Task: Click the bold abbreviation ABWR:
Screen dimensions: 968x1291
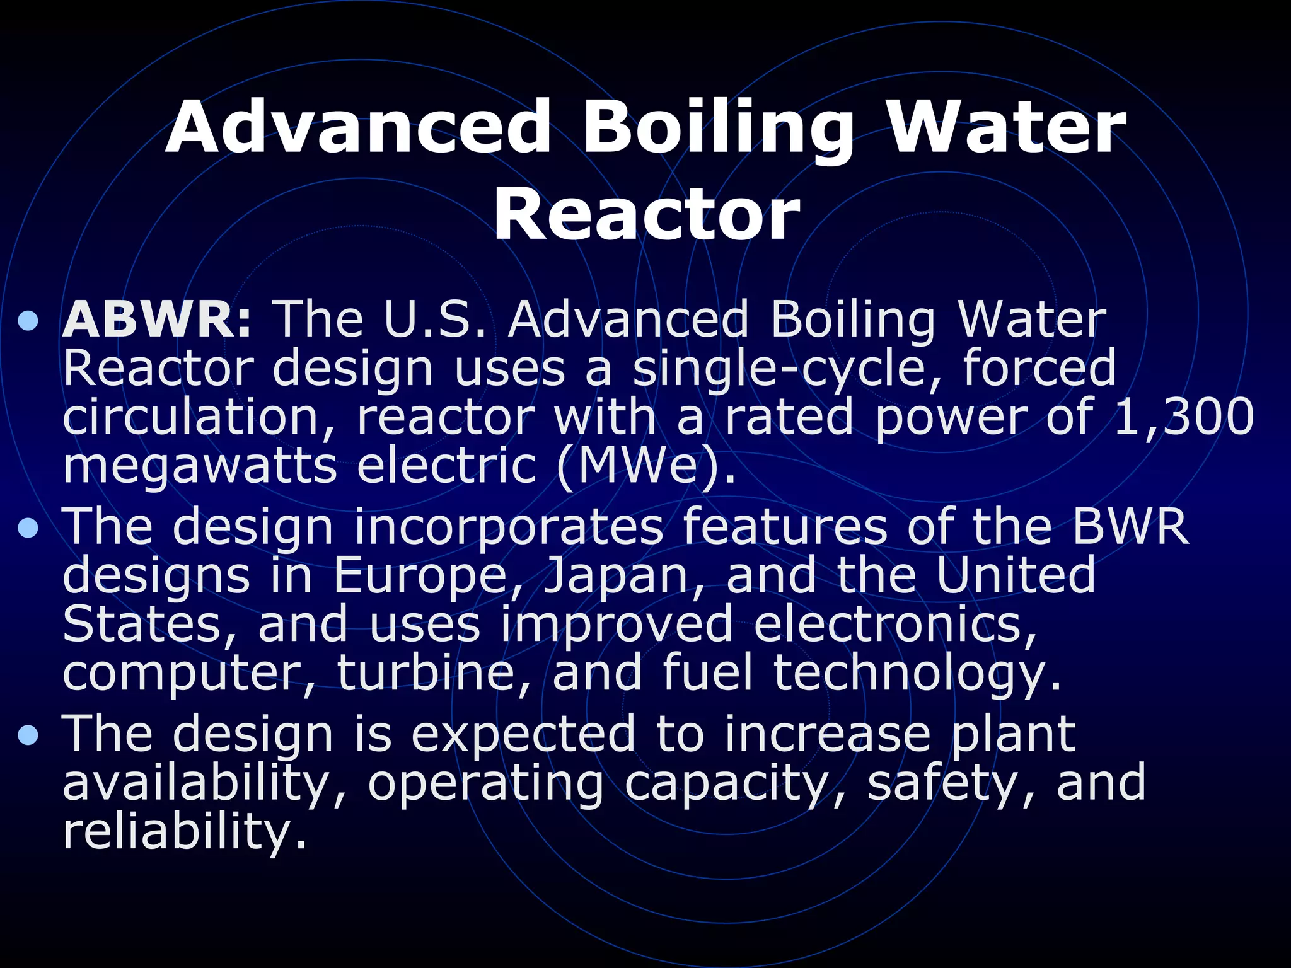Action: point(157,320)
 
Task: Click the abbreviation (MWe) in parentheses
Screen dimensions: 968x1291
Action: point(645,466)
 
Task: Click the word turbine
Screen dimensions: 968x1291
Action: point(434,672)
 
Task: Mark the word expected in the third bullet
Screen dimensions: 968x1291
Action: point(523,734)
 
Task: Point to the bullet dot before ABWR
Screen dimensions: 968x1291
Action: point(28,323)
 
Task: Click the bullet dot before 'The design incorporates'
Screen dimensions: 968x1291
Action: point(28,529)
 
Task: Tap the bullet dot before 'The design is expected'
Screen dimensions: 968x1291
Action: point(28,735)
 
